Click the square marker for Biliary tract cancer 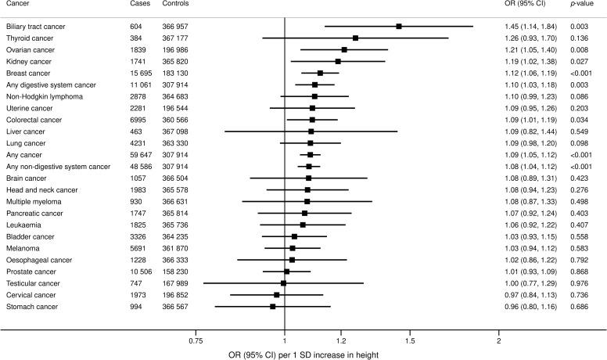click(399, 27)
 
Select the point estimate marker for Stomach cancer click(273, 306)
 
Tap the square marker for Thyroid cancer click(355, 38)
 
